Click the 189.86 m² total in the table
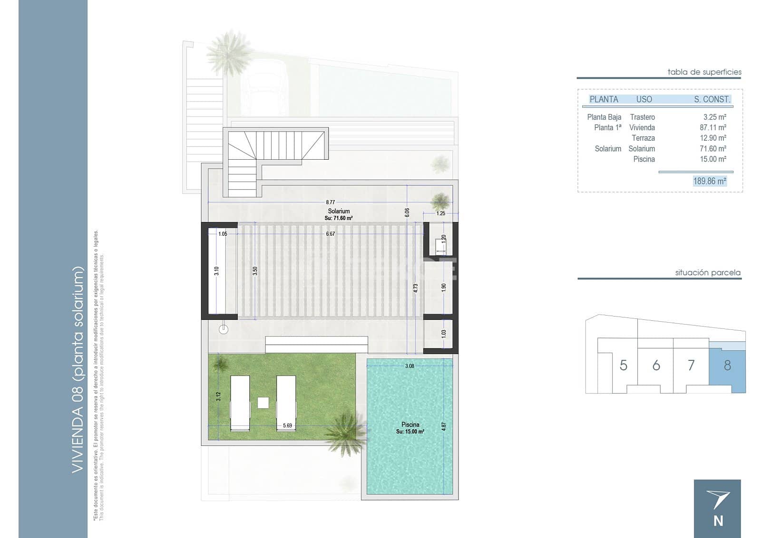pos(710,181)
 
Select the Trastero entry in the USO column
pos(642,117)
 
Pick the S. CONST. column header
pos(712,99)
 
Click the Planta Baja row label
pos(604,117)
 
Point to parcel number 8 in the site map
pos(727,365)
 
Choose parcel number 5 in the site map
pos(623,365)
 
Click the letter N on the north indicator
pos(718,521)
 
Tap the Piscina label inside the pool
pos(410,424)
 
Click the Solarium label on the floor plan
pos(339,211)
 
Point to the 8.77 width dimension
pos(330,202)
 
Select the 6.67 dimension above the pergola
pos(330,234)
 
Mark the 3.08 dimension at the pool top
pos(410,366)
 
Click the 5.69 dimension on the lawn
pos(287,425)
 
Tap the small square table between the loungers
pos(263,403)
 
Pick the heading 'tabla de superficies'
pos(704,72)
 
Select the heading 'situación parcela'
pos(708,273)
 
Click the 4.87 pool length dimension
pos(444,426)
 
